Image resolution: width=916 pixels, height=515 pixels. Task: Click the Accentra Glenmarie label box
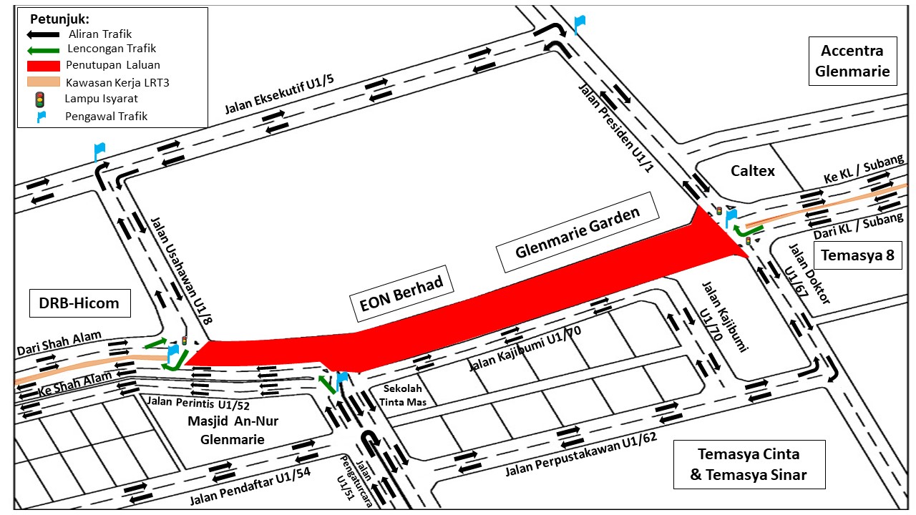[852, 61]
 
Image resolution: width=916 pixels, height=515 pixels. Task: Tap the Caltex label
[752, 171]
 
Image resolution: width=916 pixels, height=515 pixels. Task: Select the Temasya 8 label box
[857, 255]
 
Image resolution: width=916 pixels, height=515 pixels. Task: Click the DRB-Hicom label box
[79, 303]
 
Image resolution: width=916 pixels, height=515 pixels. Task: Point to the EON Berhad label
[401, 294]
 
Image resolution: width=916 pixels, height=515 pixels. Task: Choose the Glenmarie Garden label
[578, 232]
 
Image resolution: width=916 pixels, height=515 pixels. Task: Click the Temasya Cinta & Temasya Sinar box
[749, 464]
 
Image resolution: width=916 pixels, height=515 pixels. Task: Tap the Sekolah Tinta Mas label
[403, 396]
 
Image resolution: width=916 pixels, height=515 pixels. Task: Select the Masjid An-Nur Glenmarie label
[233, 430]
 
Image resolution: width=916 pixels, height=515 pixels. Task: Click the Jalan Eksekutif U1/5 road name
[279, 94]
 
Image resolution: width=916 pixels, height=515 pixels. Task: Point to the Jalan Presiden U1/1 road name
[616, 127]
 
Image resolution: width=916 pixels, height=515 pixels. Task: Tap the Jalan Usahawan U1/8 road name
[182, 270]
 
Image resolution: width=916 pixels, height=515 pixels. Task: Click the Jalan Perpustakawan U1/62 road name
[581, 454]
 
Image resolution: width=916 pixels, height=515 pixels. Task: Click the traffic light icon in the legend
[39, 99]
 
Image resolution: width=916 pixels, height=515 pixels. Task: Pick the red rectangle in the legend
[44, 66]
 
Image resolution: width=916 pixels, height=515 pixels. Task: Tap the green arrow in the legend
[44, 51]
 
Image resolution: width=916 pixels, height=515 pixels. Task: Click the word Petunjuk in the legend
[59, 19]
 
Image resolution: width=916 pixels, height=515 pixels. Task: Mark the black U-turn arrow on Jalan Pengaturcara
[371, 442]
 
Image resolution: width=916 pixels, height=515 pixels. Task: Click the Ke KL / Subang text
[863, 168]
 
